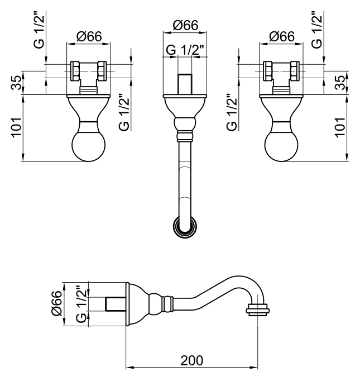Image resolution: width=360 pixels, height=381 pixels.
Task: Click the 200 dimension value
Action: pos(191,360)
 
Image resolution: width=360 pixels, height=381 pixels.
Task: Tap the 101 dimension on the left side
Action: pos(16,127)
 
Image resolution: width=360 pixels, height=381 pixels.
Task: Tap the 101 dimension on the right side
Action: pos(340,127)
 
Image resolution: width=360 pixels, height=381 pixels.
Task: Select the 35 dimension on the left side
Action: pos(16,83)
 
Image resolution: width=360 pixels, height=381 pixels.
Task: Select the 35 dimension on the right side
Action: pos(340,83)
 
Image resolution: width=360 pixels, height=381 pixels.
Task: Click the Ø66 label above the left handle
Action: pos(89,37)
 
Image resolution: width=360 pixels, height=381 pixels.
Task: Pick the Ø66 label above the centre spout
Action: pos(185,25)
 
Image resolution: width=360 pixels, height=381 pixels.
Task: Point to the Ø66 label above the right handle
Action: pos(282,37)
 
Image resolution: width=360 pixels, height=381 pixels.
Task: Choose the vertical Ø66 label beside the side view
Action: pos(57,303)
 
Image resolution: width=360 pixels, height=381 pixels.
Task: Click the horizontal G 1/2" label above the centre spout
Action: pos(185,50)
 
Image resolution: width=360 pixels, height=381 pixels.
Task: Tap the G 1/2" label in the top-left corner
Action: pos(39,30)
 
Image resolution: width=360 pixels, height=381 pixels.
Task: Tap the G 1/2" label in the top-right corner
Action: pos(317,30)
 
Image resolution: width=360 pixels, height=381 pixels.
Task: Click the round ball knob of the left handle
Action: pos(89,145)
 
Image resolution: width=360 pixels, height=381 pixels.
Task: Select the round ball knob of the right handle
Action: pos(281,145)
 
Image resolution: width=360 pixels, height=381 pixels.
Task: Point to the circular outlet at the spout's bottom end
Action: pos(185,227)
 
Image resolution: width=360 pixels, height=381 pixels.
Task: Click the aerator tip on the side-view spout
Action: pos(257,310)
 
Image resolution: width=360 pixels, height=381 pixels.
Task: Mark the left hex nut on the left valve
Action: pos(75,71)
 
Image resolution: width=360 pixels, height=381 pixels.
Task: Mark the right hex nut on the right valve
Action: pos(295,71)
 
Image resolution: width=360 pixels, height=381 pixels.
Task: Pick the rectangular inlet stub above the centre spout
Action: pos(185,84)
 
